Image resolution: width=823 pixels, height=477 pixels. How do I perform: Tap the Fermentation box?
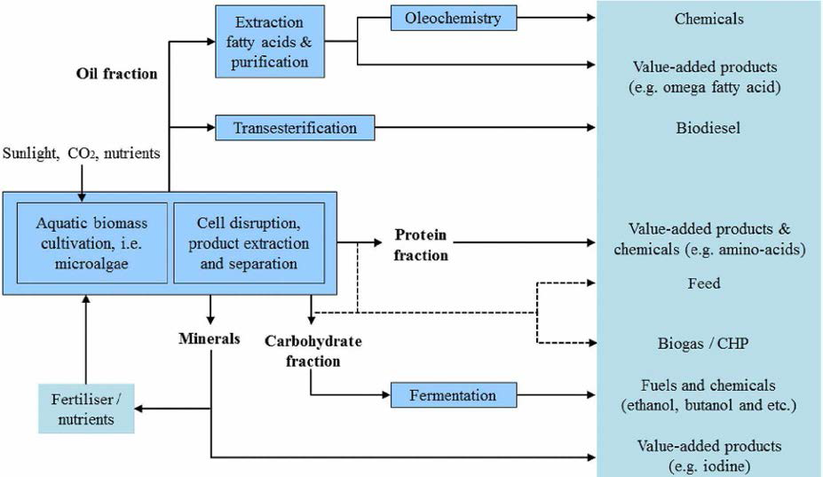[454, 394]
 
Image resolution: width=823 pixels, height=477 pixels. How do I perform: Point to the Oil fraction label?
[116, 74]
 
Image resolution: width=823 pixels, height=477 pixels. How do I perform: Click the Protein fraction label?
[422, 245]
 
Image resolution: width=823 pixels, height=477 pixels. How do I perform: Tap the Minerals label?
[210, 338]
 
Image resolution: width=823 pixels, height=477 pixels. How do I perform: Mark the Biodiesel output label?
[708, 128]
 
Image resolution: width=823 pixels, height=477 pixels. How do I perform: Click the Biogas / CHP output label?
[708, 344]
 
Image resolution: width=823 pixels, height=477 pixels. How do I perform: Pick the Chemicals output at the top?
[708, 18]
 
